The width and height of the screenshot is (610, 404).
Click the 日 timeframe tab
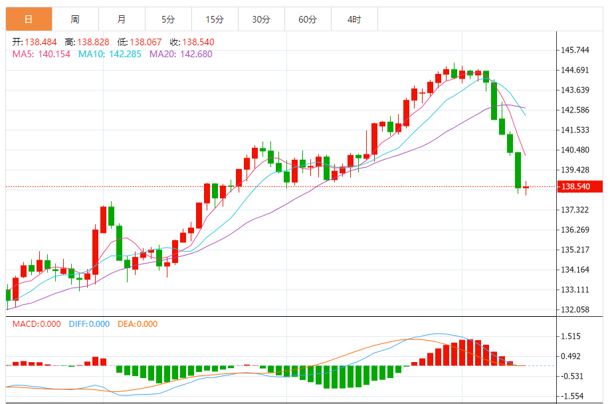[28, 19]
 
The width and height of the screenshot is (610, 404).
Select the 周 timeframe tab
[74, 19]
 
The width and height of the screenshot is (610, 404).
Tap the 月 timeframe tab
[121, 19]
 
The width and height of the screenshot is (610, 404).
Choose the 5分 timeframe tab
[167, 19]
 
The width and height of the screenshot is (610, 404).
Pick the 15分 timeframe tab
[214, 19]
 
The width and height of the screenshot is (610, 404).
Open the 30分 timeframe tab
[261, 19]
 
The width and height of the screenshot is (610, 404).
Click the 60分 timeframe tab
[308, 19]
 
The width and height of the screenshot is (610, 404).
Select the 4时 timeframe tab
[354, 19]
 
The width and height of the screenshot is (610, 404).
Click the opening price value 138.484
[41, 42]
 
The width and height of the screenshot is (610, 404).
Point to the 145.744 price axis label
[576, 50]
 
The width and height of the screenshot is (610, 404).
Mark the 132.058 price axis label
[576, 309]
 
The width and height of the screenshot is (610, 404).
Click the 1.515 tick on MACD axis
[571, 336]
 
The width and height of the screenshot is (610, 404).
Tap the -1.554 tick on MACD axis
[571, 396]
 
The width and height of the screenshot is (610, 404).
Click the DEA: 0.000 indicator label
[138, 324]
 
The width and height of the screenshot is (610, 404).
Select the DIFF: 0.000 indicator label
[88, 324]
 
